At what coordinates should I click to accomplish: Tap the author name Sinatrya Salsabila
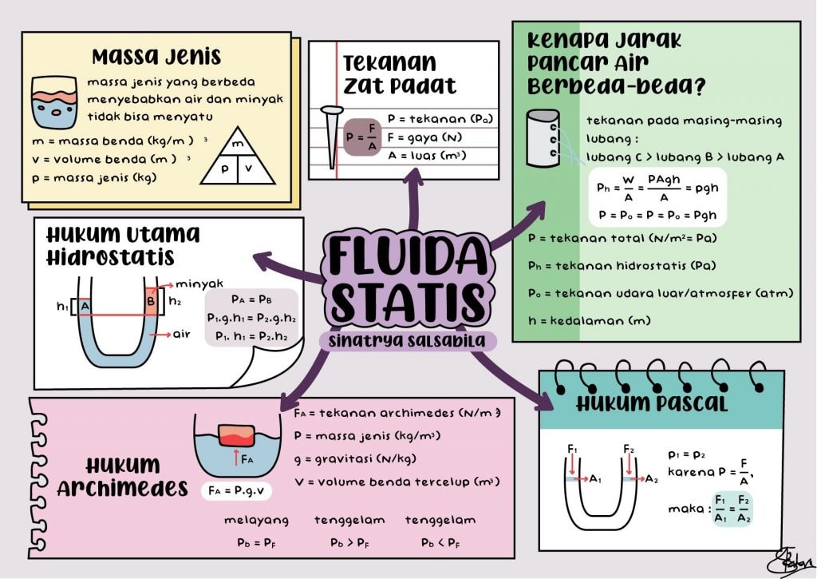[408, 341]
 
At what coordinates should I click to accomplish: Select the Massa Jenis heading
[156, 57]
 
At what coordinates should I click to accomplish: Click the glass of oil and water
[54, 103]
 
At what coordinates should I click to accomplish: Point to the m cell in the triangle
[237, 145]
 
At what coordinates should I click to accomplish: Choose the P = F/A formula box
[363, 137]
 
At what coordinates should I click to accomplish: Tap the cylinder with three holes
[543, 140]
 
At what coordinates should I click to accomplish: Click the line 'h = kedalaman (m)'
[589, 321]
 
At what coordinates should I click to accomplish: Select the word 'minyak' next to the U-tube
[199, 284]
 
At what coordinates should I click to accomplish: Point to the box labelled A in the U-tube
[85, 305]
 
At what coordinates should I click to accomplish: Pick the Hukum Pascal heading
[652, 404]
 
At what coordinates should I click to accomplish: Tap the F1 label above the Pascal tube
[572, 450]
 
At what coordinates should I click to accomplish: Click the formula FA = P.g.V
[237, 489]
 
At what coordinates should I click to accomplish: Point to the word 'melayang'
[255, 520]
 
